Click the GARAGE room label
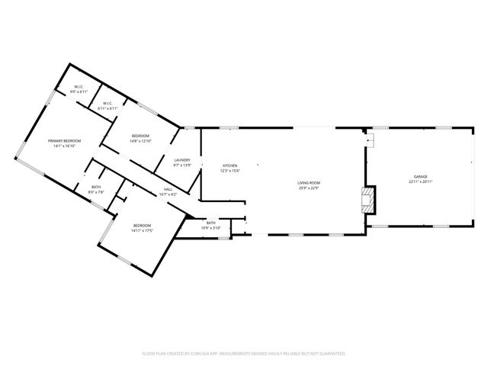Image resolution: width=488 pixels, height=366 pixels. tap(420, 177)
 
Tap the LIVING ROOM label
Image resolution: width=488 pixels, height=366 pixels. tap(308, 182)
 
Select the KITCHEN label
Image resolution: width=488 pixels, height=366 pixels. tap(230, 165)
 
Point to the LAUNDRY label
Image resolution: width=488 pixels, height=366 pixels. tap(181, 160)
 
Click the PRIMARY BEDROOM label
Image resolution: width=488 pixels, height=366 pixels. tap(65, 141)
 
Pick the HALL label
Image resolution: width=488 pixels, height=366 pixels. tap(168, 190)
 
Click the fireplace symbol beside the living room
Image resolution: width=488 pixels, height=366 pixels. tap(368, 201)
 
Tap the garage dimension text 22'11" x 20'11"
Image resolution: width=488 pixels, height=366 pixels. tap(420, 182)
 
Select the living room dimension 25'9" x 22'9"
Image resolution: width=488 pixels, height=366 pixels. tap(308, 188)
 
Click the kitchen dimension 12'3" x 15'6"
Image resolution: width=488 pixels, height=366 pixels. tap(230, 171)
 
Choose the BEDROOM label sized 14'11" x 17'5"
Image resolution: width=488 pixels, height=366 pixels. tap(143, 225)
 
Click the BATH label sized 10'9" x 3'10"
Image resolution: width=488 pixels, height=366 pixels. tap(210, 223)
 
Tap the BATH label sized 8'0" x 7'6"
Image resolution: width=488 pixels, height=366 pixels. tap(96, 187)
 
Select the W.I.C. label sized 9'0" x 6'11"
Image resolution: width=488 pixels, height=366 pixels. tap(79, 87)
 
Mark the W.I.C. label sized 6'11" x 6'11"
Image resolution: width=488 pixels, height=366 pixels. tap(107, 103)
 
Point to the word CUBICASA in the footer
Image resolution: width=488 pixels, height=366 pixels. tap(209, 354)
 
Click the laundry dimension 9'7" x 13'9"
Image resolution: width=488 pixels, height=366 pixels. tap(181, 165)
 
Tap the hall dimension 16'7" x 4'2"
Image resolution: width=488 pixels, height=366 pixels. tap(168, 195)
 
